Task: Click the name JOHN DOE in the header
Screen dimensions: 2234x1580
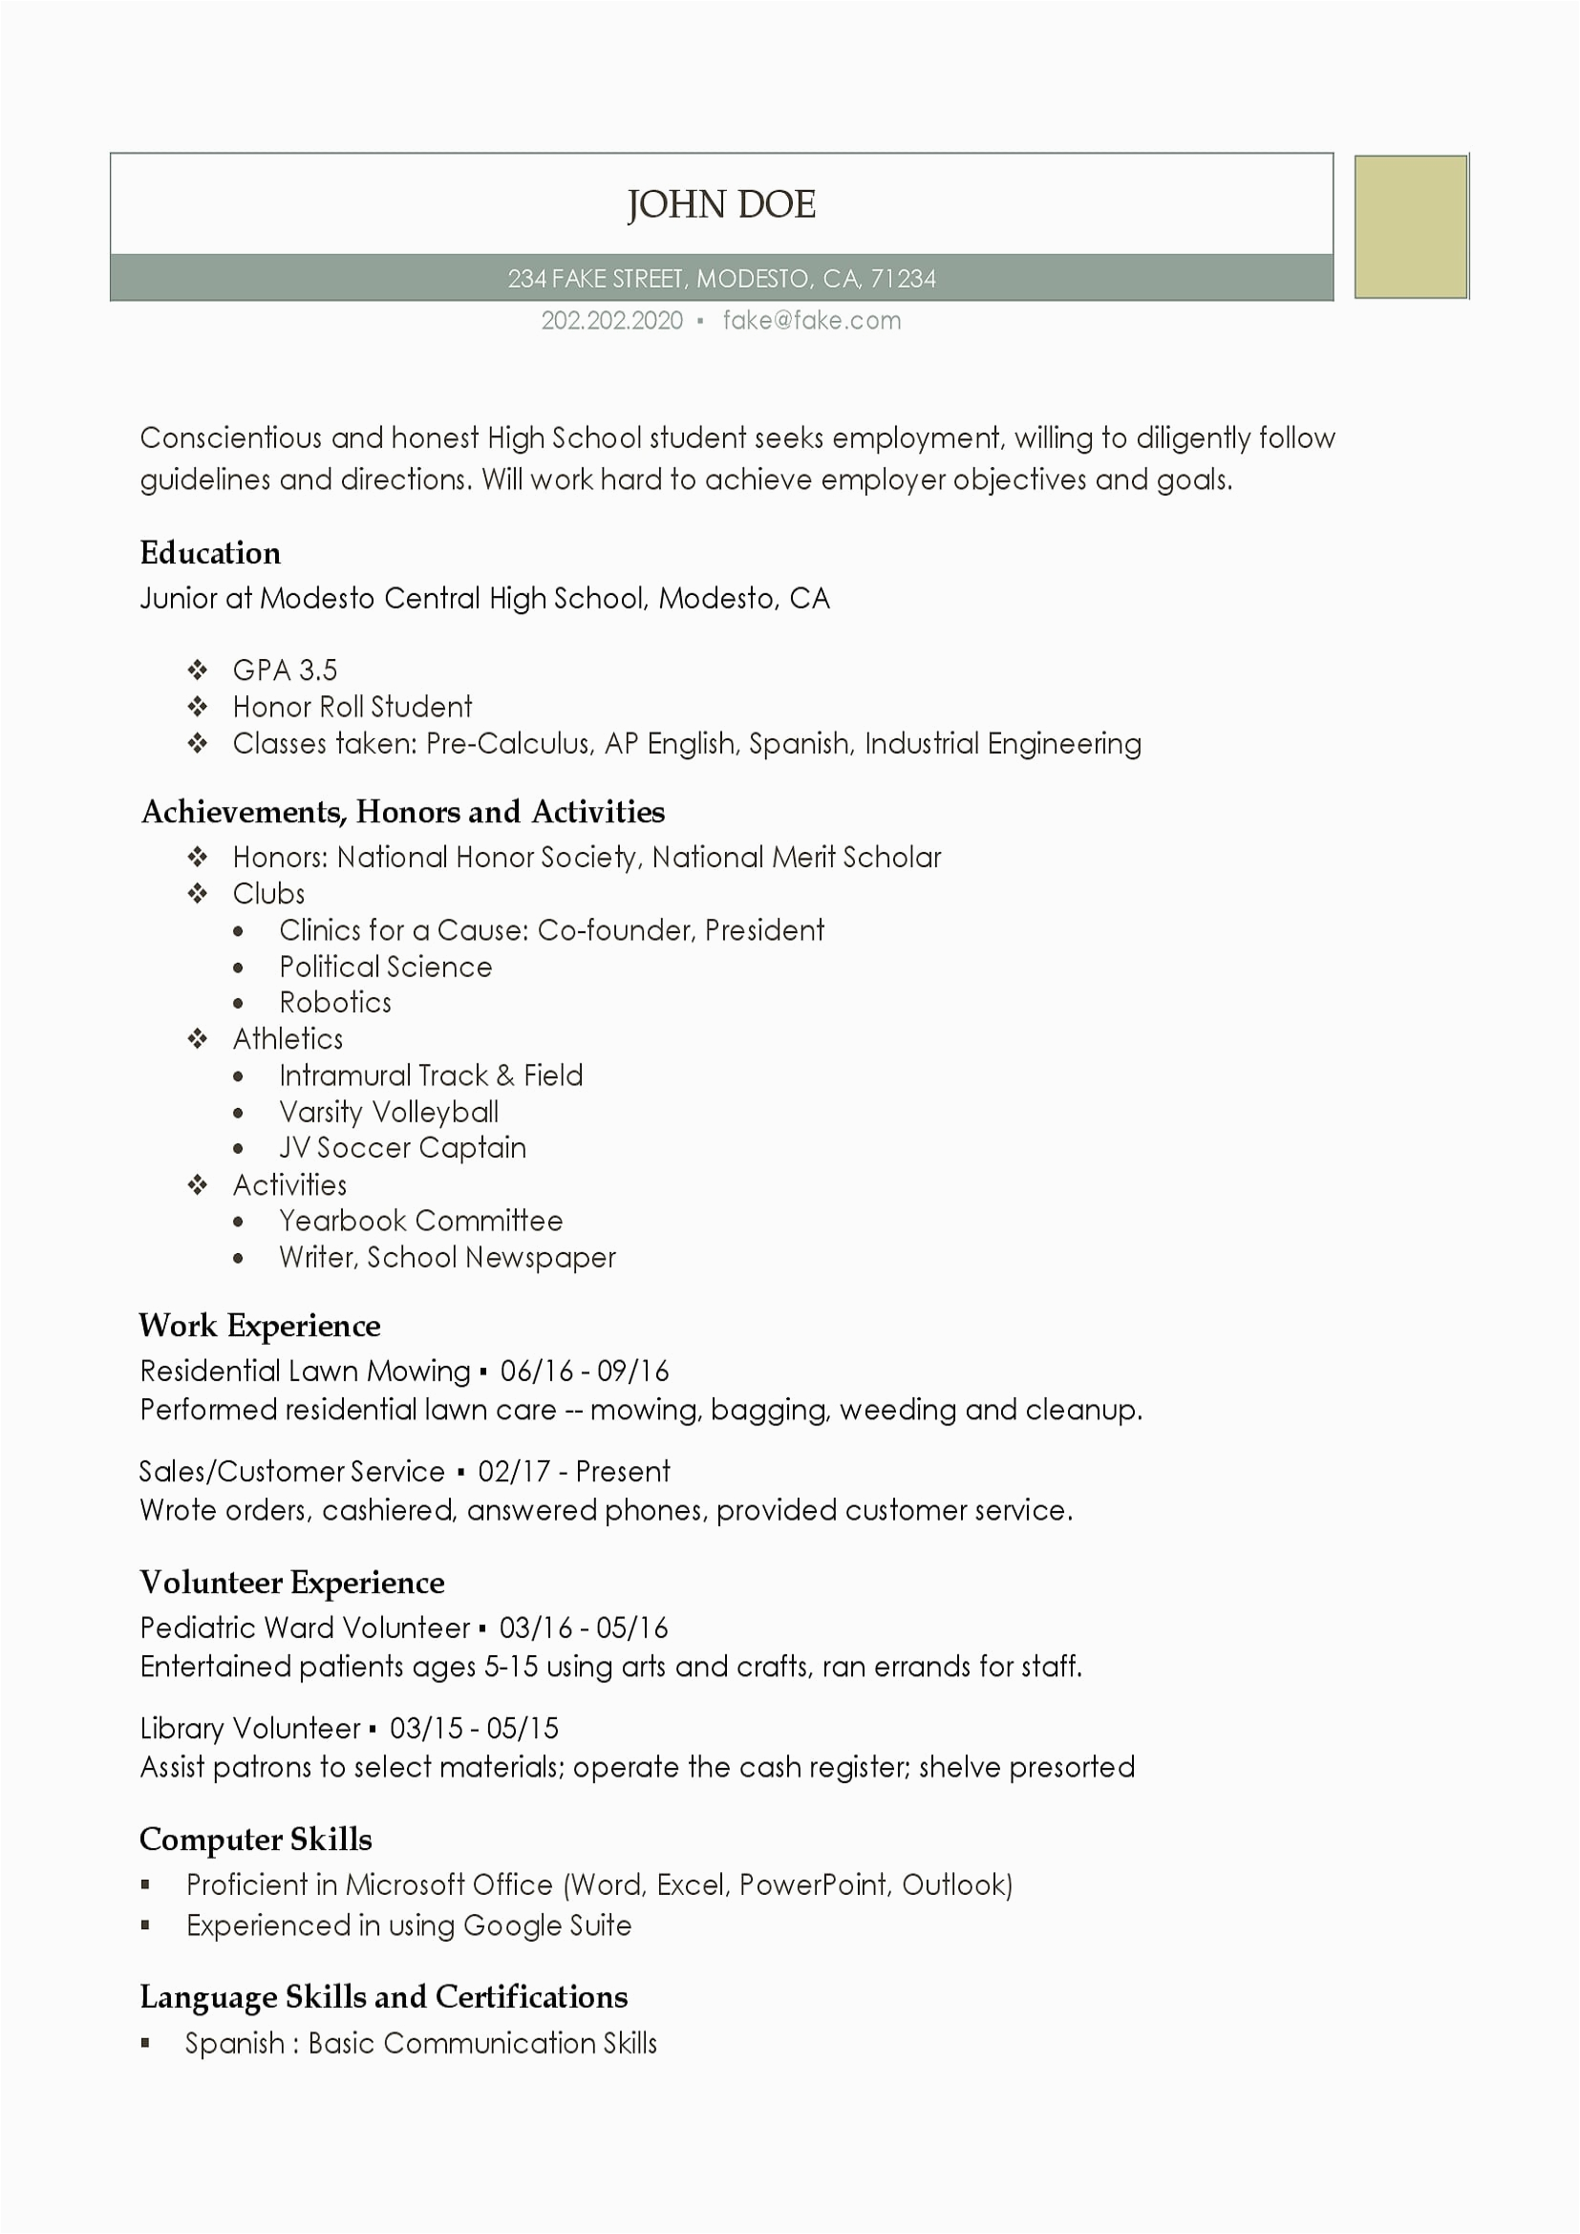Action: pyautogui.click(x=721, y=204)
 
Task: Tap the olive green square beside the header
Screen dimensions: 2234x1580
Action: pyautogui.click(x=1410, y=226)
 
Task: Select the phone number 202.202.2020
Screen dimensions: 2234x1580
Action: pyautogui.click(x=612, y=321)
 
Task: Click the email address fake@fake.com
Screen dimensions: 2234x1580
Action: pyautogui.click(x=811, y=321)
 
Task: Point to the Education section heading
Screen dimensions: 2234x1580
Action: pyautogui.click(x=210, y=554)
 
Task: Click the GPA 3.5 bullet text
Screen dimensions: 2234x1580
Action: pyautogui.click(x=284, y=670)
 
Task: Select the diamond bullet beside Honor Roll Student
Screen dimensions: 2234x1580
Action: pyautogui.click(x=198, y=707)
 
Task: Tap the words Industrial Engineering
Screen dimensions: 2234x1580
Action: pyautogui.click(x=1002, y=744)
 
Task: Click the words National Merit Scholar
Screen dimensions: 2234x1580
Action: pyautogui.click(x=796, y=857)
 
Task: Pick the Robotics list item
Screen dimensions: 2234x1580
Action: pyautogui.click(x=334, y=1003)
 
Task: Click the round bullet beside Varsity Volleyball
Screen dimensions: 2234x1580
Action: pyautogui.click(x=239, y=1113)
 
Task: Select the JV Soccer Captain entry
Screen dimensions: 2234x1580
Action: pyautogui.click(x=402, y=1148)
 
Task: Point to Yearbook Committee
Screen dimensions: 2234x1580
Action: pyautogui.click(x=420, y=1222)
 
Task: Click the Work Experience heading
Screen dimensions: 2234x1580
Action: pyautogui.click(x=260, y=1327)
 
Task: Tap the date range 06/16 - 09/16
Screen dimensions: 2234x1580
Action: pyautogui.click(x=584, y=1372)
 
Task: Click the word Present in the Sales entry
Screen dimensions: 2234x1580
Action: pyautogui.click(x=623, y=1472)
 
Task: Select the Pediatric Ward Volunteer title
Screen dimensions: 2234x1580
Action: pyautogui.click(x=305, y=1628)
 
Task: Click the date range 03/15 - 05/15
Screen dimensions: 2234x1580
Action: pyautogui.click(x=474, y=1729)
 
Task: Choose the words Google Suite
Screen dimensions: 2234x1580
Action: pyautogui.click(x=546, y=1925)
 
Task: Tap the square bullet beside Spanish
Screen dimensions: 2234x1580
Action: pyautogui.click(x=146, y=2043)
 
